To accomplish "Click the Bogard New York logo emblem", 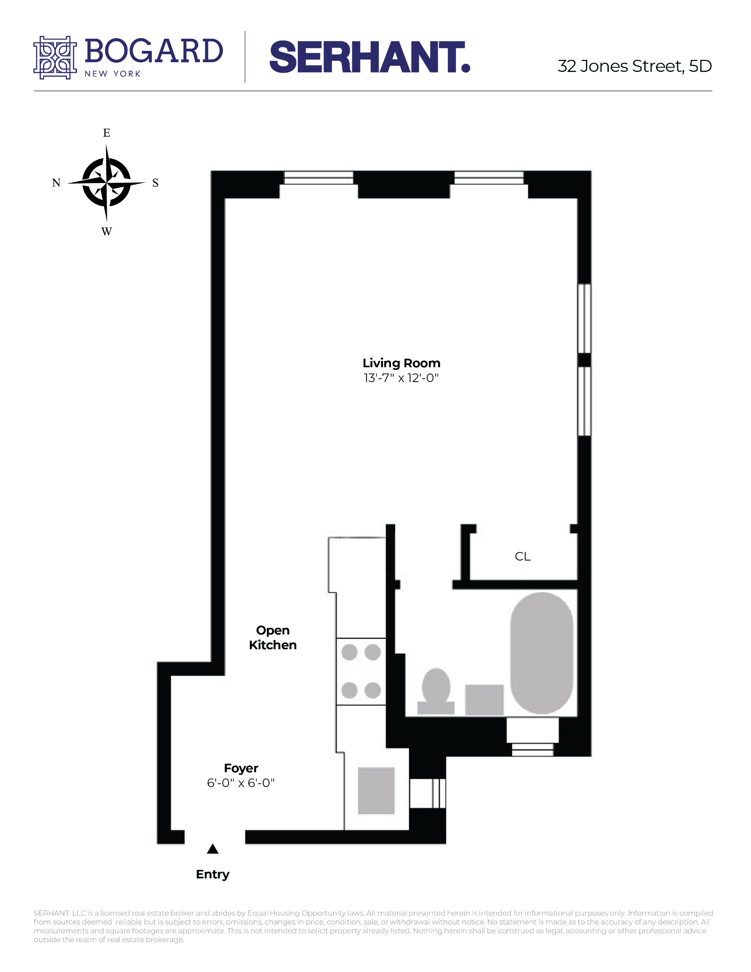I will [55, 58].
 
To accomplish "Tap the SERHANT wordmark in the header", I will [369, 57].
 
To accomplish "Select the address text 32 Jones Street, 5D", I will [634, 66].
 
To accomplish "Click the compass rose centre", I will [107, 183].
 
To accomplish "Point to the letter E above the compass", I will [107, 133].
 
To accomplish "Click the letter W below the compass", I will [107, 232].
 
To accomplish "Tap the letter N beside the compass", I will [56, 183].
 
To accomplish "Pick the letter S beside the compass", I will [155, 183].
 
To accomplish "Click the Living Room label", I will [401, 363].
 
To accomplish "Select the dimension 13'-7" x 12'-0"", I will [401, 378].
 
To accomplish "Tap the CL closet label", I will [522, 557].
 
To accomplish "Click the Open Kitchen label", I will [273, 638].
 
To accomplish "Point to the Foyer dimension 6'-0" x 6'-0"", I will [241, 783].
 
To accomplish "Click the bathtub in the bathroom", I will [542, 653].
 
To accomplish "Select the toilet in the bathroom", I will [436, 691].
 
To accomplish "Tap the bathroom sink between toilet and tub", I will [484, 700].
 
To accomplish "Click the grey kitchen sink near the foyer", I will [376, 791].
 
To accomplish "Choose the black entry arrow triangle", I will [212, 849].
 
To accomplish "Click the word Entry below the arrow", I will [212, 874].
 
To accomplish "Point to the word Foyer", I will [241, 768].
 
